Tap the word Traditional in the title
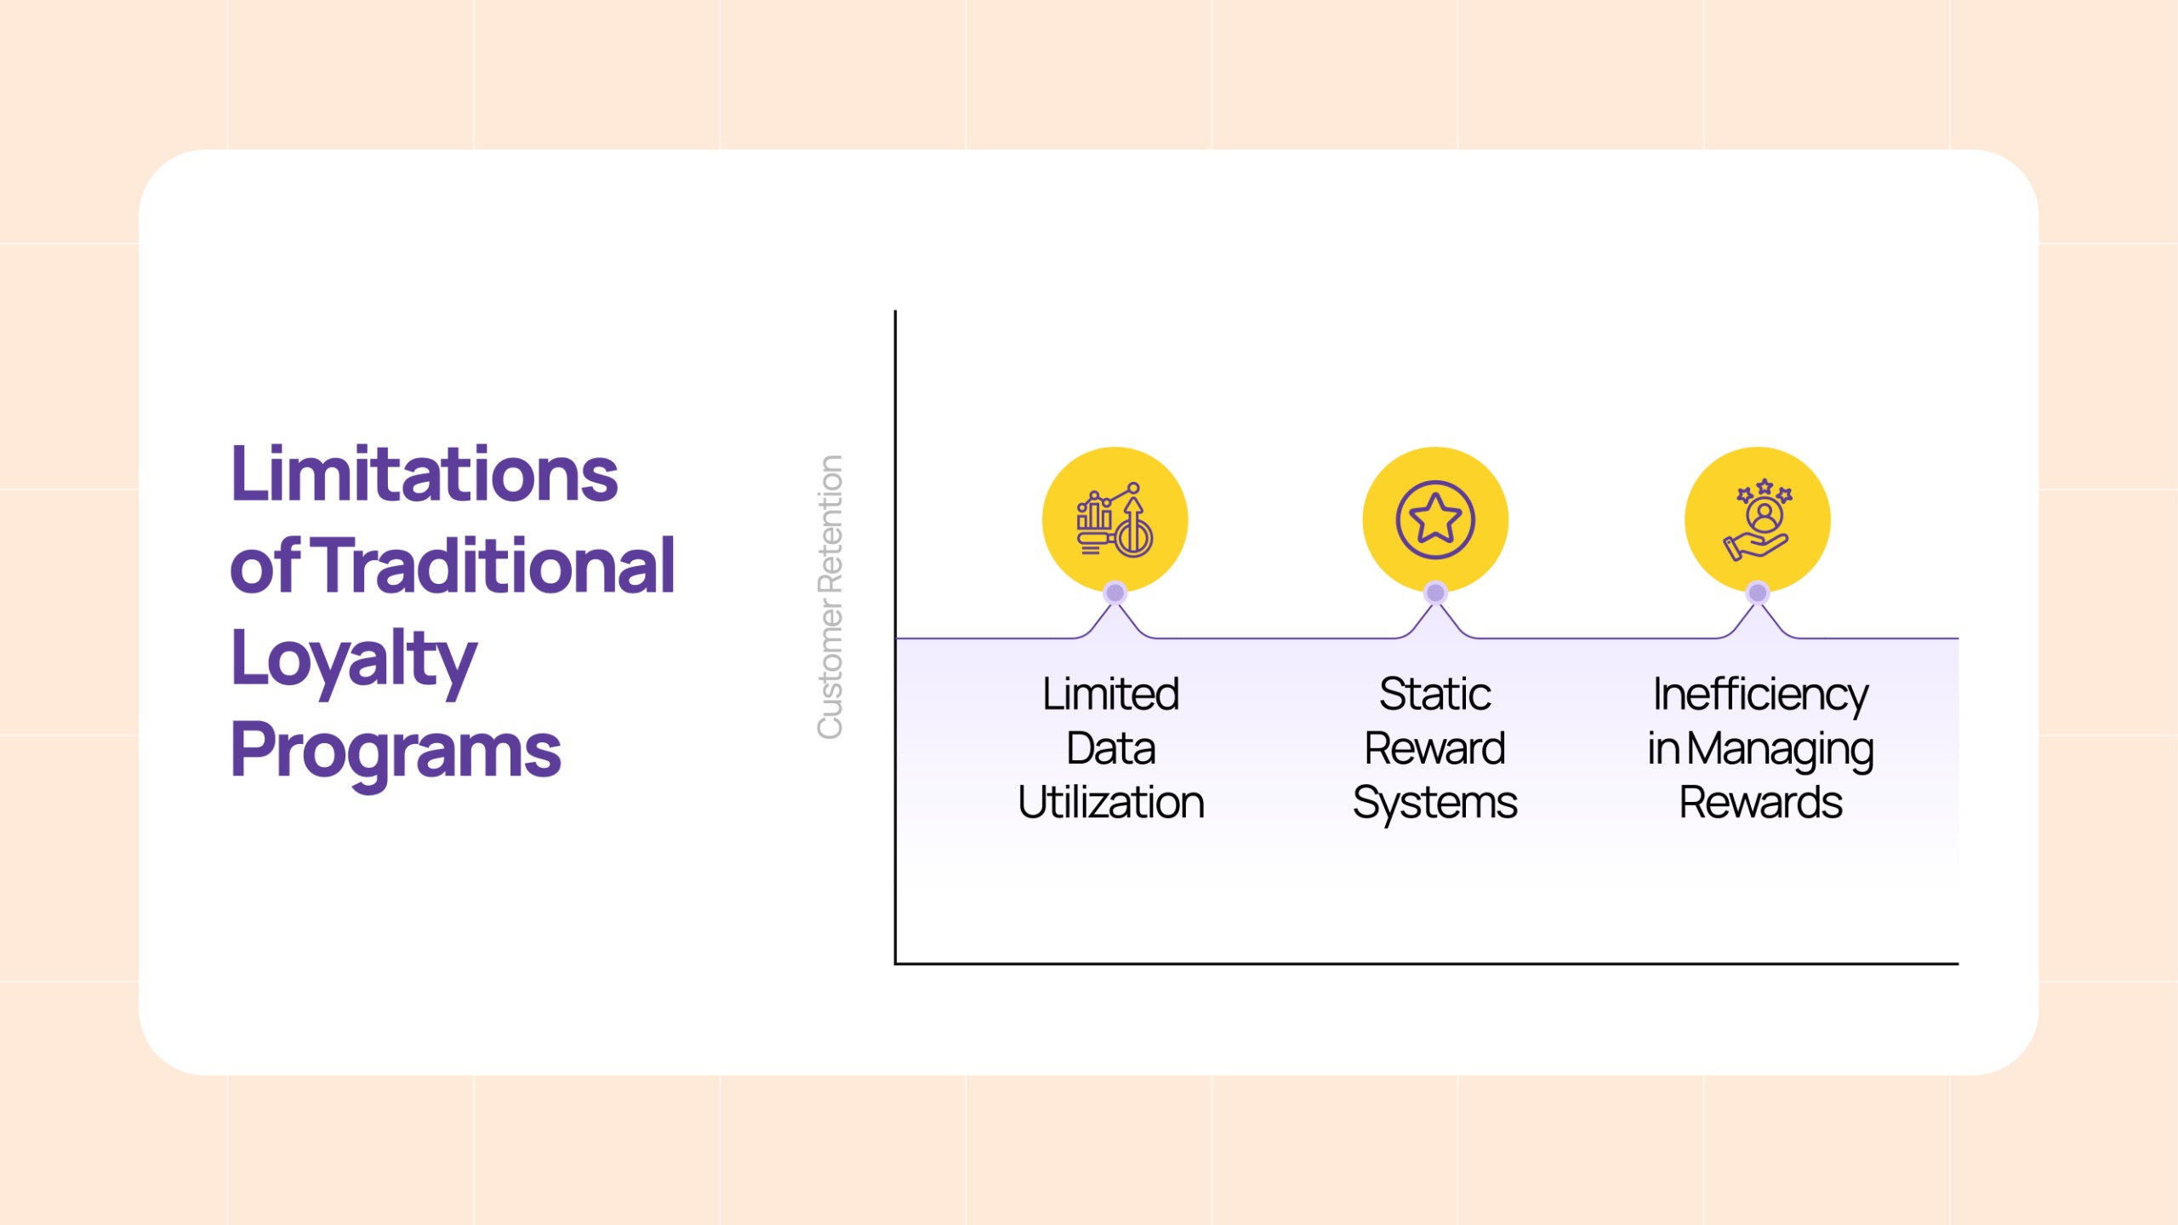pyautogui.click(x=498, y=565)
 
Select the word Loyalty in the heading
pyautogui.click(x=354, y=661)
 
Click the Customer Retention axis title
pyautogui.click(x=830, y=597)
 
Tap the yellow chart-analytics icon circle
pyautogui.click(x=1115, y=519)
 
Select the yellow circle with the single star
pyautogui.click(x=1435, y=519)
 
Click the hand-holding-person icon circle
pyautogui.click(x=1758, y=519)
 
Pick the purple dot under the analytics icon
pyautogui.click(x=1115, y=592)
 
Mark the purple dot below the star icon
pyautogui.click(x=1435, y=592)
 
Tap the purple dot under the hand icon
pyautogui.click(x=1758, y=592)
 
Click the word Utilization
pyautogui.click(x=1111, y=803)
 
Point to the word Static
pyautogui.click(x=1435, y=695)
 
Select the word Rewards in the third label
pyautogui.click(x=1760, y=803)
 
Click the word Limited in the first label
pyautogui.click(x=1111, y=695)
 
